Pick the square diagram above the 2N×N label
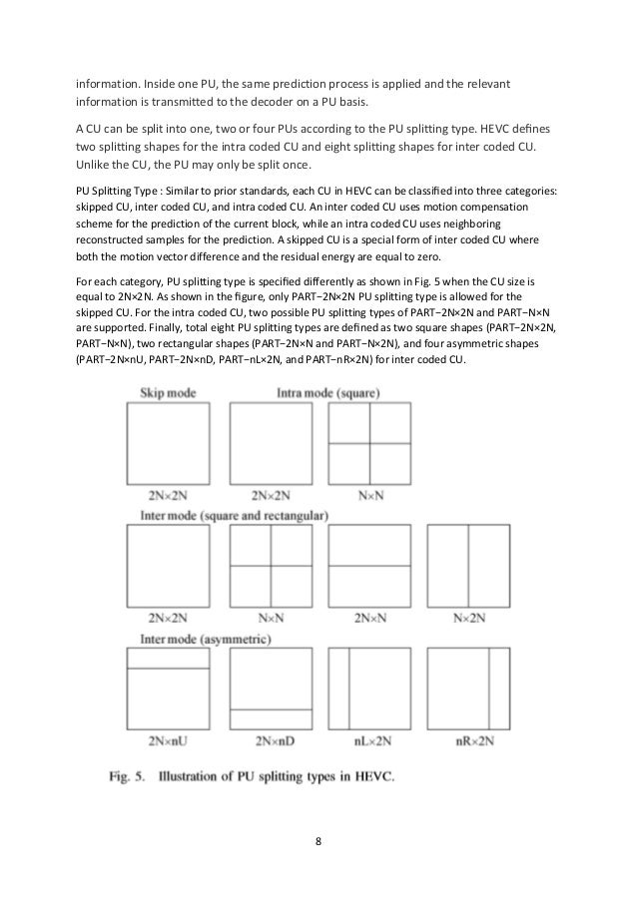point(368,565)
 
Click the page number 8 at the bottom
point(318,840)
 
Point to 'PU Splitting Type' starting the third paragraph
point(120,190)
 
